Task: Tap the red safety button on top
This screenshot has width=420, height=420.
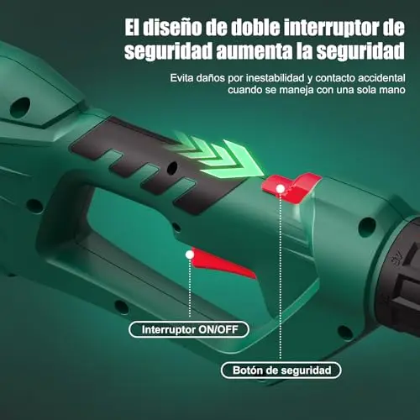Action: (x=291, y=187)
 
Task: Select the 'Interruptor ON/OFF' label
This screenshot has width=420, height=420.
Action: (x=189, y=329)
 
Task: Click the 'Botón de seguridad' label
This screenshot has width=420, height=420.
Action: (x=281, y=370)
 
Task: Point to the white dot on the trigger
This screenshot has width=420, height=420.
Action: (x=190, y=255)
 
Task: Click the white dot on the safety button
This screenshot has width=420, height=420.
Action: (x=280, y=189)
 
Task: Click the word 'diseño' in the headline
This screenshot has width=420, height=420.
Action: (x=172, y=28)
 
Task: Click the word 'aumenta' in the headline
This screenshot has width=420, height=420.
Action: (x=255, y=51)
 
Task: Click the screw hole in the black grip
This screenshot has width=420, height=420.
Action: (x=172, y=168)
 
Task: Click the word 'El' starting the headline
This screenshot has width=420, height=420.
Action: (x=132, y=28)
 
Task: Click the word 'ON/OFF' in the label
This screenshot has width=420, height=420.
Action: (x=218, y=329)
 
